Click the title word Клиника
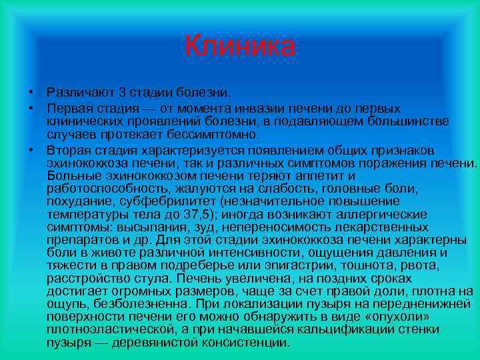pos(239,46)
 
